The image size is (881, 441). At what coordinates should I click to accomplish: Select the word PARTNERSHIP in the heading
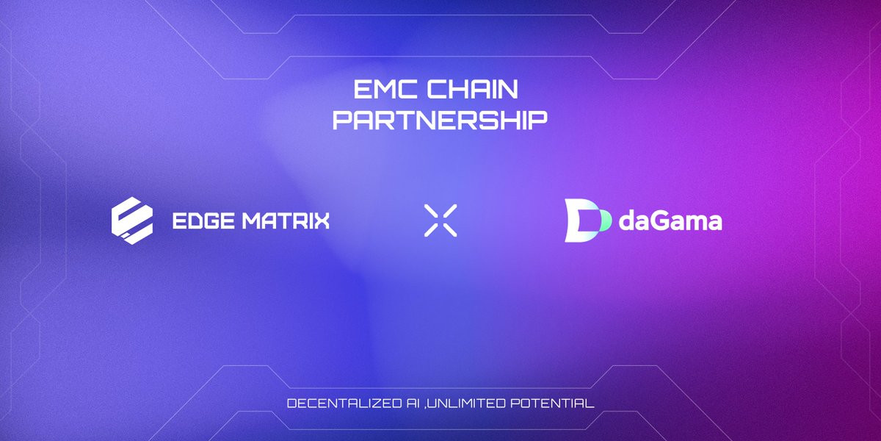(440, 120)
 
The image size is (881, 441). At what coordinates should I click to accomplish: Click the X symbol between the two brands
(440, 220)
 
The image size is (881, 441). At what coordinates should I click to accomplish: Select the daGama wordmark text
(670, 220)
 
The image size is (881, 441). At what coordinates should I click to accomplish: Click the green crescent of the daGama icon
(603, 220)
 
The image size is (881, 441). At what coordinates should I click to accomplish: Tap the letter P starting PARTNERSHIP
(342, 120)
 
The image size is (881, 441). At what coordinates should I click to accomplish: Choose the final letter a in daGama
(714, 223)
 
